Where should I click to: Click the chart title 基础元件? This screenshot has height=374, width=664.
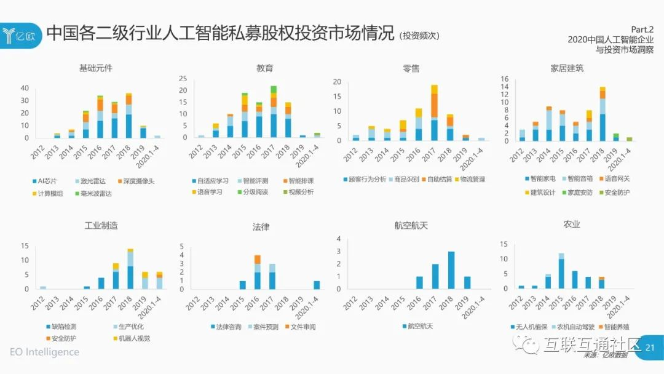(96, 68)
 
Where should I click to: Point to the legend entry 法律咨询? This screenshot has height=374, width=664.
(227, 327)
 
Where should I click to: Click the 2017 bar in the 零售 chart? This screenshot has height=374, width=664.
(434, 113)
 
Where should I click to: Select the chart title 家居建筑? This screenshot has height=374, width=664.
(566, 68)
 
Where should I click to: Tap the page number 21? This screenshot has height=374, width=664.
(650, 348)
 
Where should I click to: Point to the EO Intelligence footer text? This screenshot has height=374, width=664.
(44, 352)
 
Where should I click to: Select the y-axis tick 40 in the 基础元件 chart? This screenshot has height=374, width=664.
(25, 88)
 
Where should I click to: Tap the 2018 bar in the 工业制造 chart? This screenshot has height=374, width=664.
(130, 269)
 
